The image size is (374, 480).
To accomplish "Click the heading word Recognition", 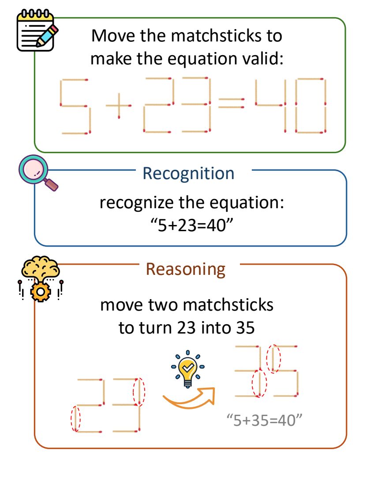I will point(188,173).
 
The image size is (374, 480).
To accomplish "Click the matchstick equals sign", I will point(231,103).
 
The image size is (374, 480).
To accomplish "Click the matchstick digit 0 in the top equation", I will point(311,105).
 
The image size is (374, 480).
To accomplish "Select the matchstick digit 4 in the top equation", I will point(269,105).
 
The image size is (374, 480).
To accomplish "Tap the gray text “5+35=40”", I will point(263,420).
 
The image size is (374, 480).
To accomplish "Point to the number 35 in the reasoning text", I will point(245,327).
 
